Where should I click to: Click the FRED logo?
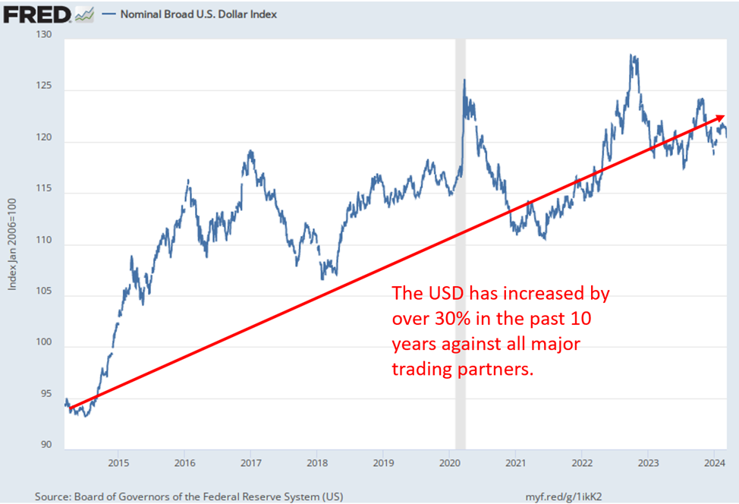pos(36,14)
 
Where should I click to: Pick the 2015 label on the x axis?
pos(118,461)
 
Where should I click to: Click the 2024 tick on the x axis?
pos(714,461)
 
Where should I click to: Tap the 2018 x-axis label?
pos(317,461)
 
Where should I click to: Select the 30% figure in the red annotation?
pos(433,318)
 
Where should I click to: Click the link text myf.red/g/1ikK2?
pos(564,496)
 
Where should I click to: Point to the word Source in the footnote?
pos(55,496)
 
